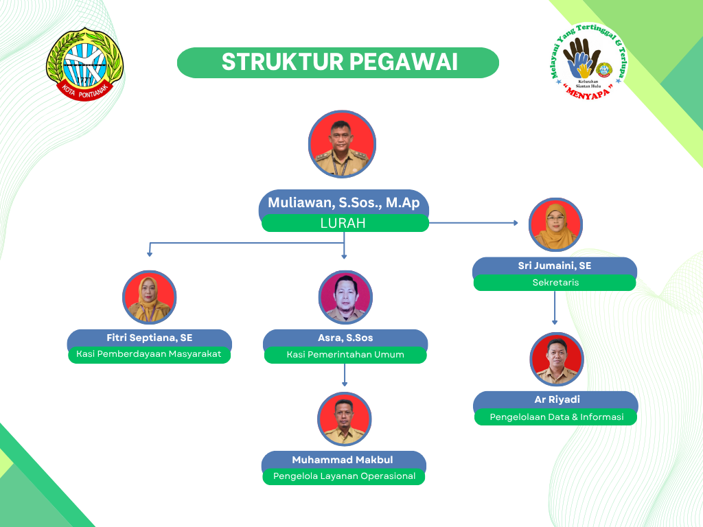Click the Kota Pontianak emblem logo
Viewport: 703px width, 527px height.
[x=84, y=64]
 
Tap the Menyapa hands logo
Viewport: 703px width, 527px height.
[x=588, y=61]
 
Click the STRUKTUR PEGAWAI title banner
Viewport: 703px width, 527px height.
[x=338, y=62]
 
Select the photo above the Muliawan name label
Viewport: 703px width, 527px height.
[x=342, y=144]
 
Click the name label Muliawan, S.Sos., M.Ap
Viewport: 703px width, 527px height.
[x=344, y=202]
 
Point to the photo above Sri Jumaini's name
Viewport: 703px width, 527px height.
[x=555, y=224]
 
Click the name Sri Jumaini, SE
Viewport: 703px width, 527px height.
[x=555, y=266]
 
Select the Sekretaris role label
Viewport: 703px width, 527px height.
[x=555, y=282]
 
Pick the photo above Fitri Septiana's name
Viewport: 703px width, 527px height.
[x=149, y=297]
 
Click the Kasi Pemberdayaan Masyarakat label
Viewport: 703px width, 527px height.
[x=149, y=354]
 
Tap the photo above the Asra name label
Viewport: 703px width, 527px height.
[x=345, y=297]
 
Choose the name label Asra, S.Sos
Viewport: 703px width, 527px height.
[x=345, y=338]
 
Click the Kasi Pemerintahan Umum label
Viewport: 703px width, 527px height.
[x=345, y=355]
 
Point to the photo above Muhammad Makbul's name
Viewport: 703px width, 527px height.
[x=345, y=419]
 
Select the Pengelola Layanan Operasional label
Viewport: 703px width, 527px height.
[x=344, y=476]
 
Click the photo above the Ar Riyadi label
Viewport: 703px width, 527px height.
[x=557, y=360]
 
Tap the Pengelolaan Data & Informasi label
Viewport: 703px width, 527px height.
[x=556, y=417]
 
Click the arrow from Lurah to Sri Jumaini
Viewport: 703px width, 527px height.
[x=474, y=223]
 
